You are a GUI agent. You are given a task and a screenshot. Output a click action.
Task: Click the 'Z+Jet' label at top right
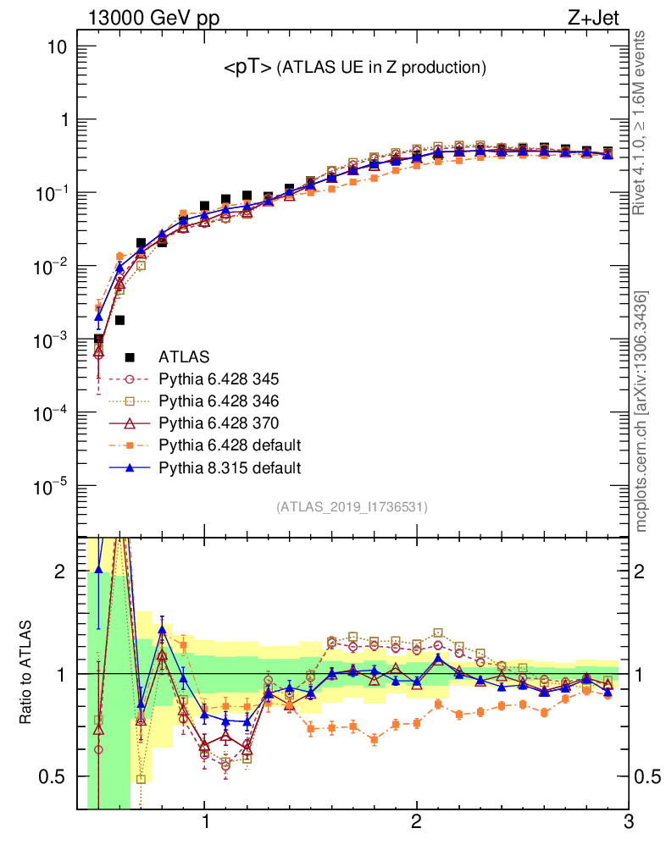pos(602,19)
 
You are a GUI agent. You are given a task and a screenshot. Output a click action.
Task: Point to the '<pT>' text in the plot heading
pos(247,68)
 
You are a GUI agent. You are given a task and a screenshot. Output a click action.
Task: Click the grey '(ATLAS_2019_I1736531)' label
pos(352,507)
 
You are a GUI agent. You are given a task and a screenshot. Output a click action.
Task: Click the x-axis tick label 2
pos(416,823)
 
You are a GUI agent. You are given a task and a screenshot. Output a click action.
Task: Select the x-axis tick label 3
pos(627,823)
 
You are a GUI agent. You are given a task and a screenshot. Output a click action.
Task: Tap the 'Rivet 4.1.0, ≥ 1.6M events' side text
pos(641,122)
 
